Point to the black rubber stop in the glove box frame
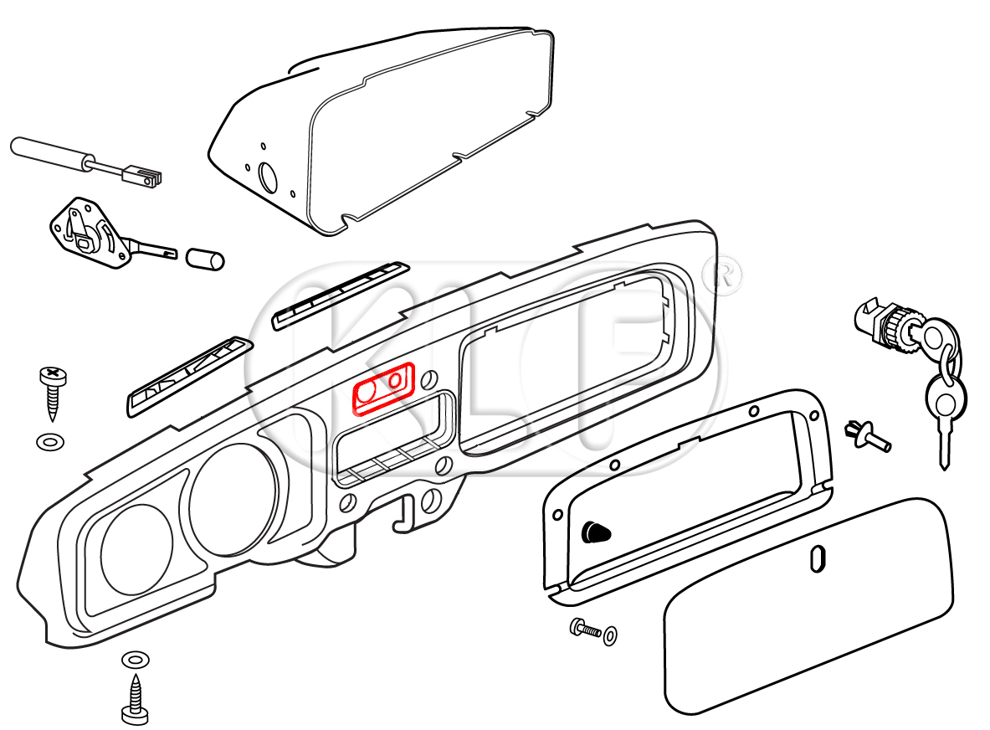pyautogui.click(x=595, y=531)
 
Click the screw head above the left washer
pyautogui.click(x=52, y=376)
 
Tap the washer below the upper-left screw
pyautogui.click(x=49, y=440)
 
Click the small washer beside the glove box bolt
pyautogui.click(x=611, y=635)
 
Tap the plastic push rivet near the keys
pyautogui.click(x=865, y=434)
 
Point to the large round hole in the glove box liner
pyautogui.click(x=269, y=177)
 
